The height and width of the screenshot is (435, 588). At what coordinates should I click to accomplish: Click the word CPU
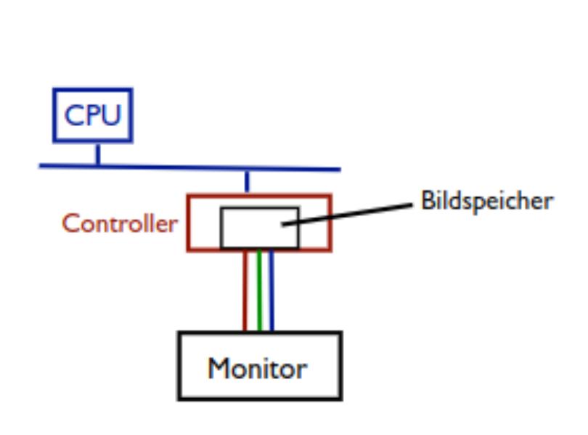pyautogui.click(x=93, y=115)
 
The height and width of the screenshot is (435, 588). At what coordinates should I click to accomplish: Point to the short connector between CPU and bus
pyautogui.click(x=97, y=154)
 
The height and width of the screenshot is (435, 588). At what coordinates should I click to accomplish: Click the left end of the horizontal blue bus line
pyautogui.click(x=41, y=166)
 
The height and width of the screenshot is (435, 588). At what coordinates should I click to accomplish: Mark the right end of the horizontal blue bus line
pyautogui.click(x=338, y=170)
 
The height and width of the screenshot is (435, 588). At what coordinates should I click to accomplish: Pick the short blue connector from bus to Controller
pyautogui.click(x=247, y=182)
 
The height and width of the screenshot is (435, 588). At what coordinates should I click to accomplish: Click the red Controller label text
pyautogui.click(x=120, y=223)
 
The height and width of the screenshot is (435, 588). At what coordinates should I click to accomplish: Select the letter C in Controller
pyautogui.click(x=70, y=223)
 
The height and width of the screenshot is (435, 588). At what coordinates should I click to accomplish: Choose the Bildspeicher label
pyautogui.click(x=487, y=201)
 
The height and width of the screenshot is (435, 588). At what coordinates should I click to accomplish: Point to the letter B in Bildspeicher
pyautogui.click(x=427, y=200)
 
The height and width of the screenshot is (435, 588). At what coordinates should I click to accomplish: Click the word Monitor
pyautogui.click(x=257, y=368)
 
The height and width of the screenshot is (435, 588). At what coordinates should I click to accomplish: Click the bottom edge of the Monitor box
pyautogui.click(x=260, y=397)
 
